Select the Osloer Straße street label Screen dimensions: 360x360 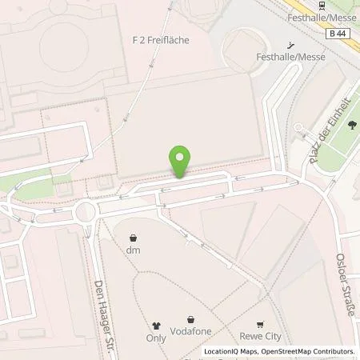(348, 284)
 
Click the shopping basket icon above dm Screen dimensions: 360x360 (134, 237)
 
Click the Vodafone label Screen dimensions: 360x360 (190, 330)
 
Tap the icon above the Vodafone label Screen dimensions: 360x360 (190, 319)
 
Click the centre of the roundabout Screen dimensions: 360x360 (86, 212)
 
